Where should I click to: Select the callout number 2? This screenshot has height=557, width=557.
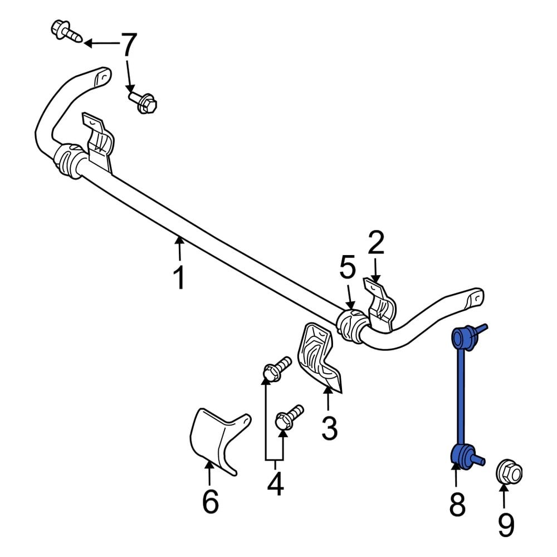coord(376,243)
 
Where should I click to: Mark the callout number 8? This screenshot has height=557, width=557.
coord(456,505)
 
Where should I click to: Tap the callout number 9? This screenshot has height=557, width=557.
coord(505,524)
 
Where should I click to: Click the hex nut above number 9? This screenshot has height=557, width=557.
coord(509,472)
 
